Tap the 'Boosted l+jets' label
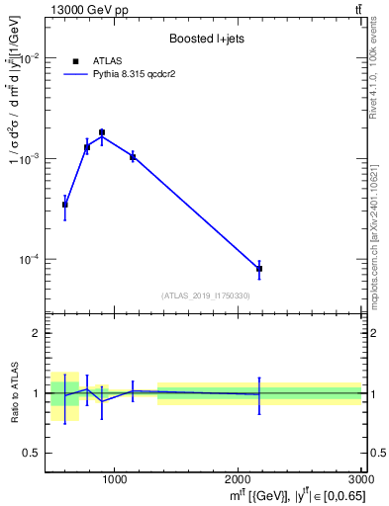[x=205, y=39]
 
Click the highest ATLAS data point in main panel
[x=102, y=132]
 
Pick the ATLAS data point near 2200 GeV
[x=259, y=269]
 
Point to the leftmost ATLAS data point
[x=65, y=205]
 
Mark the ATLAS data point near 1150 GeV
[x=133, y=156]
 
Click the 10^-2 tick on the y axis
[x=32, y=58]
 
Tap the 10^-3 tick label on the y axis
[x=32, y=159]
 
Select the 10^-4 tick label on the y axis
[x=32, y=260]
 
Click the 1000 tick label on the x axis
[x=114, y=480]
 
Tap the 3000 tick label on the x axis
[x=361, y=480]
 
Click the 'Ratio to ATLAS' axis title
[x=12, y=393]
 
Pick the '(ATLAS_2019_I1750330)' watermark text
[x=206, y=295]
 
